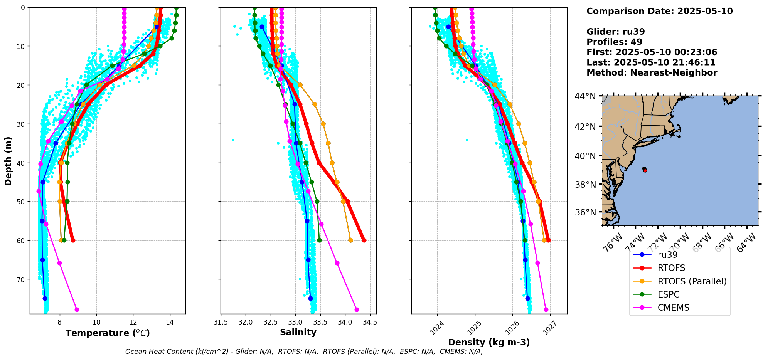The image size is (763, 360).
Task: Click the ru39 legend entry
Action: tap(667, 255)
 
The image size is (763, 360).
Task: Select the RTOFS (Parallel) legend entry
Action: tap(692, 281)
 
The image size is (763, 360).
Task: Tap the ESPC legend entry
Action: tap(669, 294)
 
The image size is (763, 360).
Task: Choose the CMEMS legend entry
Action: tap(673, 308)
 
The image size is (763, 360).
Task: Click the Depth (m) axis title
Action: tap(8, 161)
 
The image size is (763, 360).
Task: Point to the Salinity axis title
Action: tap(298, 333)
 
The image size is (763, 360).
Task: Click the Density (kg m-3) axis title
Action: tap(489, 342)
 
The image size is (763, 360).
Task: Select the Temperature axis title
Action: tap(108, 333)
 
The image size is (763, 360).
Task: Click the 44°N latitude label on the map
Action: tap(585, 96)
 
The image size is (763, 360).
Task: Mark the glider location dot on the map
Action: tap(645, 170)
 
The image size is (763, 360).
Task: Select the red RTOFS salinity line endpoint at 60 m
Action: tap(364, 240)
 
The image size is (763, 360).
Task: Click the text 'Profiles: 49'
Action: tap(614, 42)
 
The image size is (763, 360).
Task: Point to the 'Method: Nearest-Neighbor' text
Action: tap(652, 73)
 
